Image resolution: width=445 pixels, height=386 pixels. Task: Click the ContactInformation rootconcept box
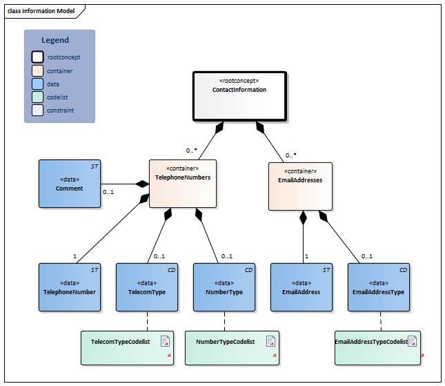pyautogui.click(x=239, y=97)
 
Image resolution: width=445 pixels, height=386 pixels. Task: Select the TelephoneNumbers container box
pyautogui.click(x=183, y=184)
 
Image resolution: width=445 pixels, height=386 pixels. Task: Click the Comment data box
pyautogui.click(x=69, y=184)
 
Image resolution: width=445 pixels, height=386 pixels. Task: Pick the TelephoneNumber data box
pyautogui.click(x=69, y=287)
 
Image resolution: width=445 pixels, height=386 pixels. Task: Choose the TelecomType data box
pyautogui.click(x=147, y=287)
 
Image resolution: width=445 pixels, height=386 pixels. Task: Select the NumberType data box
pyautogui.click(x=224, y=287)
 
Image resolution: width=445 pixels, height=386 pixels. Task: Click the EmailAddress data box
pyautogui.click(x=301, y=287)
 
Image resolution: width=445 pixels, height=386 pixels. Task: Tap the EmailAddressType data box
pyautogui.click(x=379, y=287)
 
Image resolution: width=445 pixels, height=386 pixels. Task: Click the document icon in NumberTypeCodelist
pyautogui.click(x=270, y=341)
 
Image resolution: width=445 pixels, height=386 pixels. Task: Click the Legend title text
pyautogui.click(x=55, y=40)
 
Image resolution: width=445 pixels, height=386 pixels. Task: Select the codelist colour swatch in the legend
pyautogui.click(x=37, y=97)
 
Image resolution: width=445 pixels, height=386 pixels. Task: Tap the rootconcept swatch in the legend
pyautogui.click(x=37, y=57)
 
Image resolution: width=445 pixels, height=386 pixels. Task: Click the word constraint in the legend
pyautogui.click(x=61, y=110)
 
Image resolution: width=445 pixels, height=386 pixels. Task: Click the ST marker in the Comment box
pyautogui.click(x=95, y=166)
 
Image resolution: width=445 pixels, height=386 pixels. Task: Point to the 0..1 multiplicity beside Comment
pyautogui.click(x=108, y=192)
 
